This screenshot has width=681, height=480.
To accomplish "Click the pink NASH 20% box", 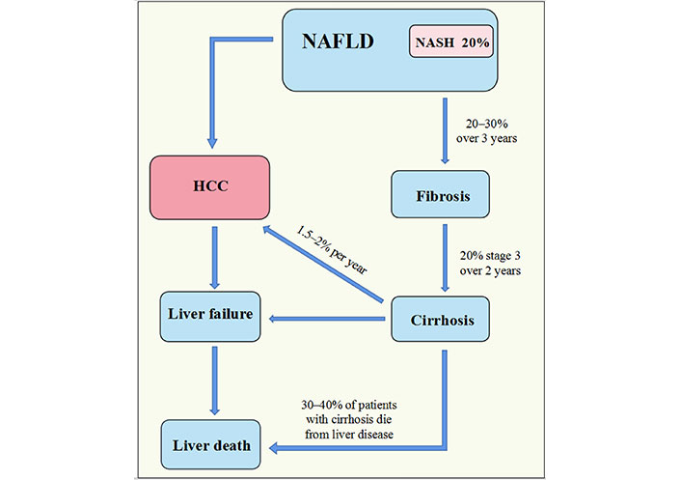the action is pos(451,42).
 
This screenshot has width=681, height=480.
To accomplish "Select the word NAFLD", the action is pos(338,42).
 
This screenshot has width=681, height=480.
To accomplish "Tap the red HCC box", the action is pos(209,187).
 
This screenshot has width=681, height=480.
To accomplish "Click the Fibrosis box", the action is pos(441,194).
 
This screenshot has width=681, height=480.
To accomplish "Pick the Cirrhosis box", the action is pos(441,319).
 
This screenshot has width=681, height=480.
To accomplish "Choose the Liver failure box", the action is pos(210,317).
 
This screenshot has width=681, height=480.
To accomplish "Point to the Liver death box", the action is pos(210,444).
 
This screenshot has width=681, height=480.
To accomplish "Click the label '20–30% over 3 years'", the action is pos(486,131).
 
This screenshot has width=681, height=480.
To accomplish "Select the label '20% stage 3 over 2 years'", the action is pos(490,263).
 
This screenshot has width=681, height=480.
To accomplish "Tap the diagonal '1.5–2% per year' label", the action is pos(332,249).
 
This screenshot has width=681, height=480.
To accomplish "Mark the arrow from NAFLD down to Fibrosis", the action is pos(445,130).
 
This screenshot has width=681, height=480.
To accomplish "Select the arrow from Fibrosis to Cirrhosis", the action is pos(445,258).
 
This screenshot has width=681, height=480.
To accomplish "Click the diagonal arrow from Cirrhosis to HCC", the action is pos(323,264).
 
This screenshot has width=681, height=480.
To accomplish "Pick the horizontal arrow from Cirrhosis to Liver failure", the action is pos(327,319).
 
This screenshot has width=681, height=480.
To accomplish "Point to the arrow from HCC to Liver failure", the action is pos(214,258).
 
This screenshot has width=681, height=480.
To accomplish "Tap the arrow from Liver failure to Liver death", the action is pos(214,381).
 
